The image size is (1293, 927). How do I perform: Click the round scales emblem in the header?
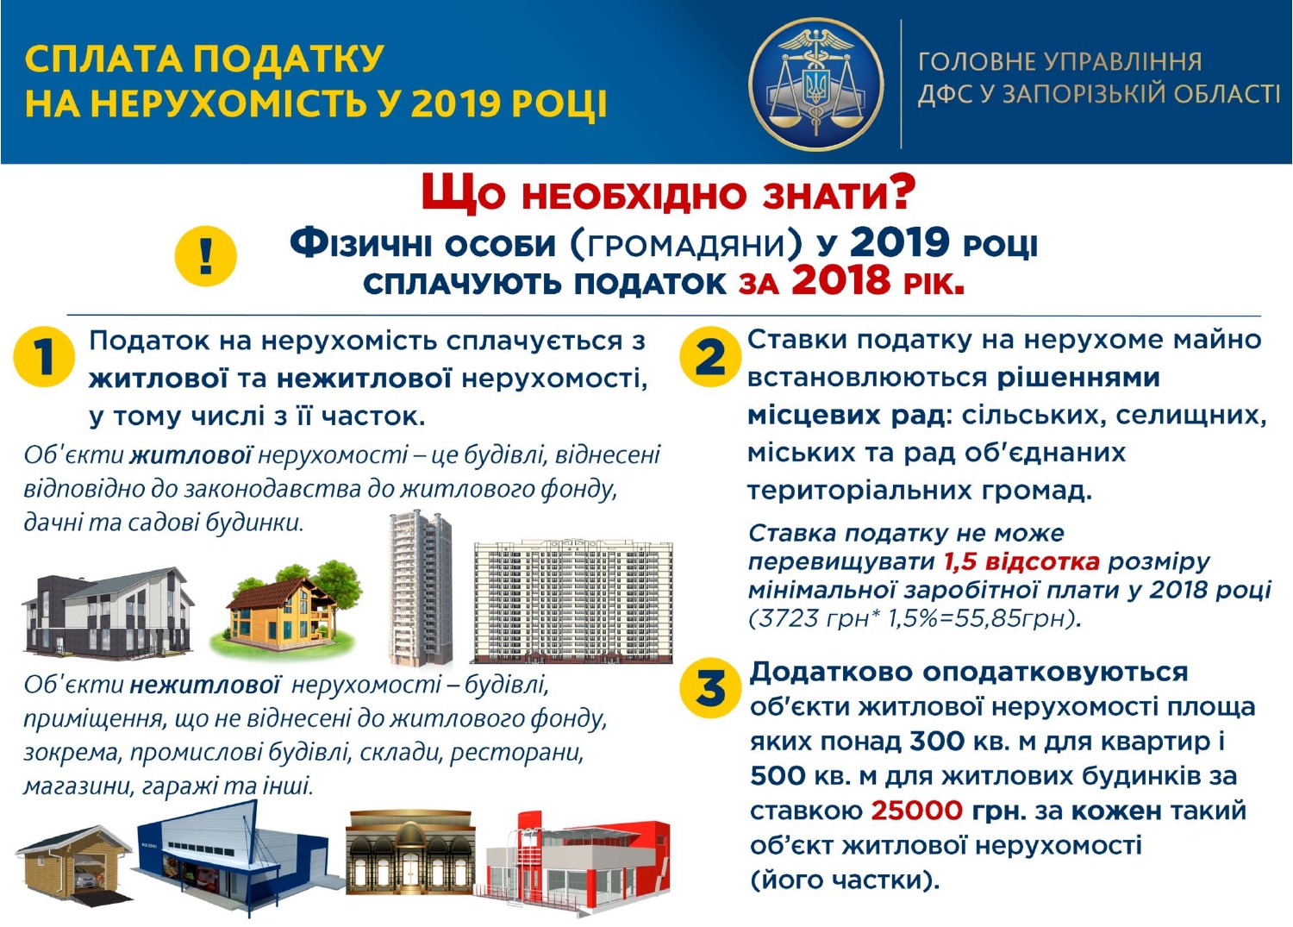(815, 85)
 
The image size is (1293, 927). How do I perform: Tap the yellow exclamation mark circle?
(206, 256)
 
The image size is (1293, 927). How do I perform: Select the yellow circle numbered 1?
(44, 356)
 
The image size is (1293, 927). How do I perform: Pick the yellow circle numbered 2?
(710, 356)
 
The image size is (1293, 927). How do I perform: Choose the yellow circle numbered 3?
(710, 688)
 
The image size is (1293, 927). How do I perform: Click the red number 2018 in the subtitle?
(840, 281)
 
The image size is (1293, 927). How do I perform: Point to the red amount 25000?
(916, 811)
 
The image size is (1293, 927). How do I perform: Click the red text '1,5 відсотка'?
(1021, 562)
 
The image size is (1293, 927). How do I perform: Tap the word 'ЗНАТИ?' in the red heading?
(839, 195)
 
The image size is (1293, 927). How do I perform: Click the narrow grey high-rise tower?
(421, 587)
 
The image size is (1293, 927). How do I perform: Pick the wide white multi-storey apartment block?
(573, 602)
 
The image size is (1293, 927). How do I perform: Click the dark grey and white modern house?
(108, 611)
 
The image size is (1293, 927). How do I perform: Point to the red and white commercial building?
(572, 863)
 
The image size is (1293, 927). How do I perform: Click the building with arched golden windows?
(410, 852)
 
